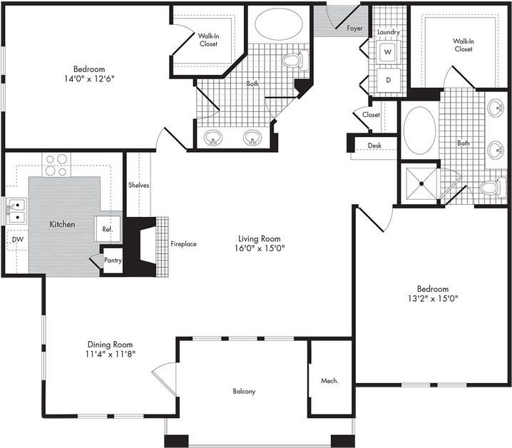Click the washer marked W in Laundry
(389, 52)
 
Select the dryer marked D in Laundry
(389, 80)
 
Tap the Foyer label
(354, 29)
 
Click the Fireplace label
(183, 244)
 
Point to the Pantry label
(113, 260)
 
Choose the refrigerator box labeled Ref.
(108, 230)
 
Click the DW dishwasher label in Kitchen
(16, 240)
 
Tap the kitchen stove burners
(56, 165)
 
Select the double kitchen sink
(15, 211)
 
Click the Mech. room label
(329, 381)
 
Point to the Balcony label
(244, 391)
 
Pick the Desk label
(374, 146)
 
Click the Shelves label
(138, 185)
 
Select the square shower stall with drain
(420, 183)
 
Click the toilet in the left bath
(292, 61)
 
